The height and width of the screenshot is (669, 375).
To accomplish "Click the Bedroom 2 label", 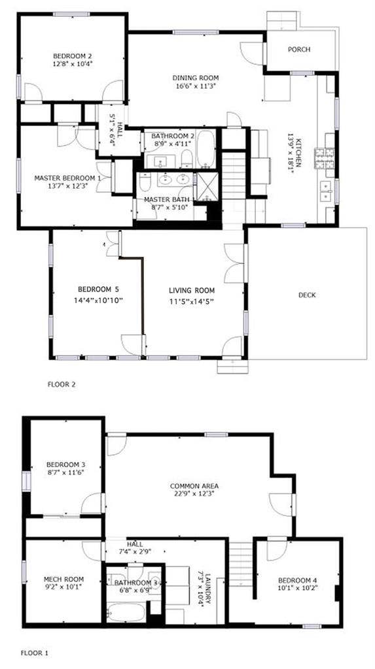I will coord(72,56).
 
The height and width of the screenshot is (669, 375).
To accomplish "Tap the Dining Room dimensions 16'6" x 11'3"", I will coord(195,86).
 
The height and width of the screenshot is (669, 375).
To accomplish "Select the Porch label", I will coord(300,50).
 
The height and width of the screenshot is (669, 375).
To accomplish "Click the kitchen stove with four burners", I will coord(325,159).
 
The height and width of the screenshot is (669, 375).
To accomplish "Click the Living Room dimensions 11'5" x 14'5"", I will coord(192,301).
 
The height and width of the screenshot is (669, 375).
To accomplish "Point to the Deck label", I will coord(307,295).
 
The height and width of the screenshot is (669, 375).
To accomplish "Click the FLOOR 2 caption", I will coord(62,385).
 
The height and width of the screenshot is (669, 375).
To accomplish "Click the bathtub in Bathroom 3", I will coord(128,613).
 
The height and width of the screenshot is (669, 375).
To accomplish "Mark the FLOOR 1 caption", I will coord(34,652).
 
